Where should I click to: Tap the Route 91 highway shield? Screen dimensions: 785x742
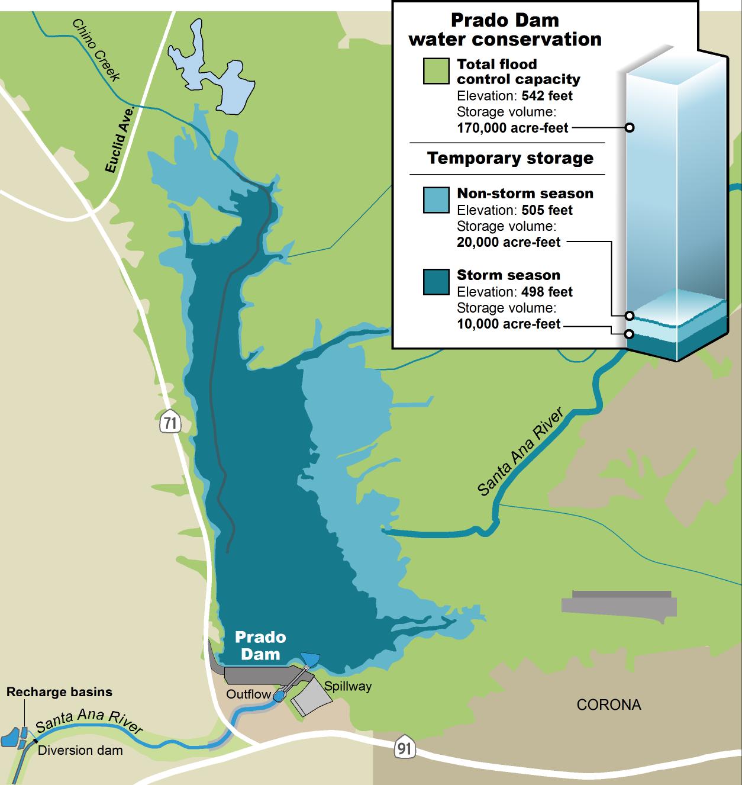pyautogui.click(x=404, y=748)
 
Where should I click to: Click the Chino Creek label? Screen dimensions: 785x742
pyautogui.click(x=96, y=50)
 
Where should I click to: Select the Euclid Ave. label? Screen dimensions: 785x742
pyautogui.click(x=120, y=140)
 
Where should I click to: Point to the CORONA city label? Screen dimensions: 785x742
pyautogui.click(x=609, y=704)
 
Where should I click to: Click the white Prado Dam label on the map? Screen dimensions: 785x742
pyautogui.click(x=260, y=645)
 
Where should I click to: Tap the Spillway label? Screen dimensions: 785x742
pyautogui.click(x=348, y=686)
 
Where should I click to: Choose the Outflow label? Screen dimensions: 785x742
pyautogui.click(x=249, y=694)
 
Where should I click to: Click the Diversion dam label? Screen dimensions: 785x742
pyautogui.click(x=80, y=751)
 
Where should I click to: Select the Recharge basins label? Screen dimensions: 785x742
pyautogui.click(x=59, y=691)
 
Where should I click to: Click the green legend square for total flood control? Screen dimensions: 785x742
pyautogui.click(x=436, y=71)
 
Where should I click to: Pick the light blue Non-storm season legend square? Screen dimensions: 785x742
pyautogui.click(x=436, y=200)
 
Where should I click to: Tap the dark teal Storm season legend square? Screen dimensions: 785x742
pyautogui.click(x=436, y=282)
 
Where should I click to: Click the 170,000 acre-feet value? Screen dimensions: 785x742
pyautogui.click(x=512, y=128)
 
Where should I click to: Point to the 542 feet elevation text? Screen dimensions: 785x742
pyautogui.click(x=547, y=96)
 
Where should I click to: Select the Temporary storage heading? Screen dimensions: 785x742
pyautogui.click(x=510, y=159)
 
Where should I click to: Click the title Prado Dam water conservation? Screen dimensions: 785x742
pyautogui.click(x=505, y=30)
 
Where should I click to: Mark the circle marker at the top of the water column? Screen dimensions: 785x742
pyautogui.click(x=630, y=127)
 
